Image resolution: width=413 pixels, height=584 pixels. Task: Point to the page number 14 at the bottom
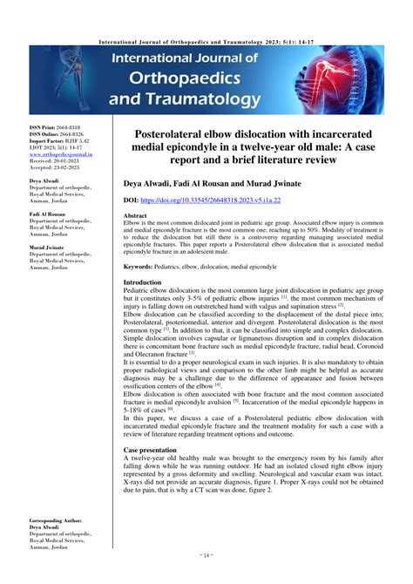click(206, 578)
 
